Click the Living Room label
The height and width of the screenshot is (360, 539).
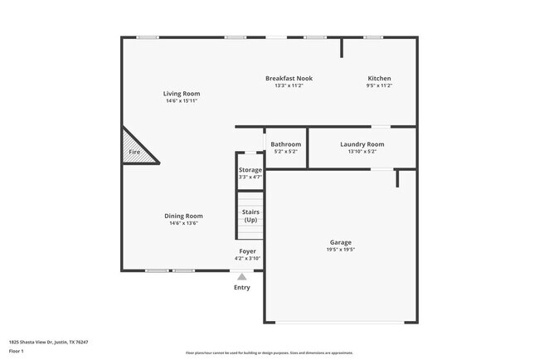tap(181, 94)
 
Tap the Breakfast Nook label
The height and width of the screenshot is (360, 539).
tap(289, 78)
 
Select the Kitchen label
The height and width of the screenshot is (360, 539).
tap(379, 78)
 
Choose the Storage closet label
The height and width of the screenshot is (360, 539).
tap(250, 170)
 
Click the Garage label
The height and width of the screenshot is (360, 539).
tap(341, 241)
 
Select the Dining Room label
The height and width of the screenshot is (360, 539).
tap(184, 216)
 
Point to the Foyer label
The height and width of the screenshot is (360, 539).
tap(248, 251)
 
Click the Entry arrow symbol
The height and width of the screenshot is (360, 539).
tap(242, 277)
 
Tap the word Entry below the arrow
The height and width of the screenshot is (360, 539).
tap(242, 288)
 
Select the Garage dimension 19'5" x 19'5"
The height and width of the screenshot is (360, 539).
tap(341, 249)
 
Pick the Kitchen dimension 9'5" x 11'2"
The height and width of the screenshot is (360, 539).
tap(379, 85)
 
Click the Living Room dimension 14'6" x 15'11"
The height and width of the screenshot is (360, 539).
tap(181, 101)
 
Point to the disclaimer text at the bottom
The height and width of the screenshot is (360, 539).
tap(269, 352)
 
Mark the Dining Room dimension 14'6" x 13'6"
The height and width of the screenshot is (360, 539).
tap(184, 223)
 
